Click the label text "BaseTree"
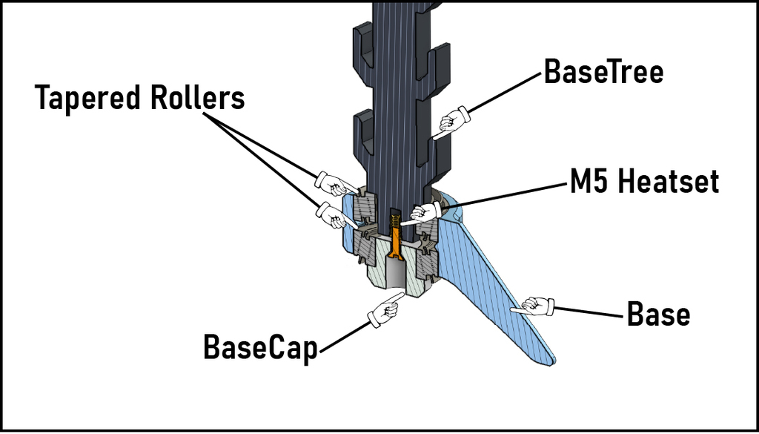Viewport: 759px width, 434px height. (603, 72)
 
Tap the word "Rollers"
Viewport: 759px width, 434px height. (199, 97)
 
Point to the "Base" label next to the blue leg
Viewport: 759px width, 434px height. (658, 315)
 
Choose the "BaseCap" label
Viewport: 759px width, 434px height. (260, 346)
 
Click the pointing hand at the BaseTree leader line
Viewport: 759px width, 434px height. (451, 122)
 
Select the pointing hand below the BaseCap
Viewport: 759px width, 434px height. (386, 309)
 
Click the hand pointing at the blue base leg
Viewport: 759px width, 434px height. (536, 306)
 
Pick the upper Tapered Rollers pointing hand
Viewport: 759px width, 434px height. (334, 183)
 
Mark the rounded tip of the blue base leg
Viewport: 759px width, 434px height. (546, 360)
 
